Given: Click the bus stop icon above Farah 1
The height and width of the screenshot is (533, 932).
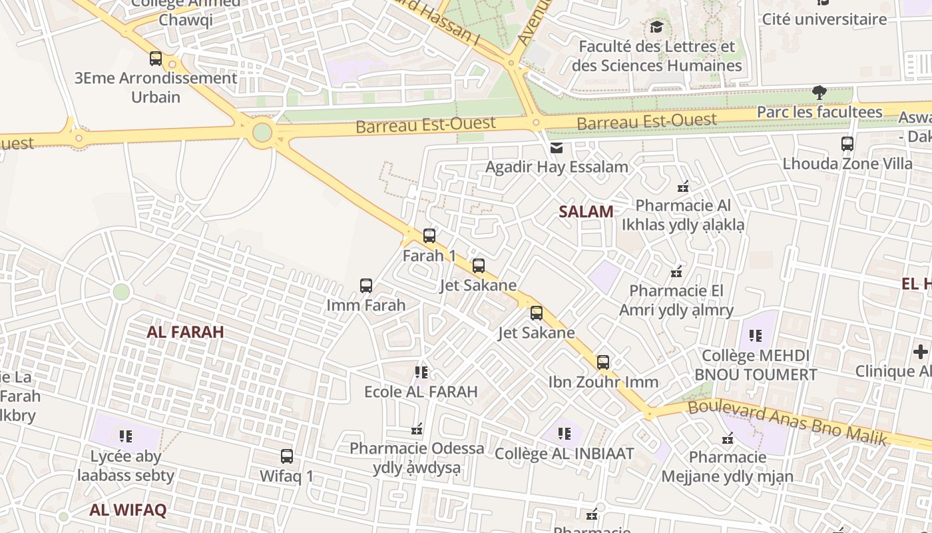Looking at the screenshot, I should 429,236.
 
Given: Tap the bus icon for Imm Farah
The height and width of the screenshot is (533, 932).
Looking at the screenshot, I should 366,286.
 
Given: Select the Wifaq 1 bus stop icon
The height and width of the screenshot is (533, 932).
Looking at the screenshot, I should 287,456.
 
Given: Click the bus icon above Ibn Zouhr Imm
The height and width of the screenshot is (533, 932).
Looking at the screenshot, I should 603,362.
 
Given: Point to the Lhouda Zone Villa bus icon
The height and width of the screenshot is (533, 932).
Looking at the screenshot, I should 847,144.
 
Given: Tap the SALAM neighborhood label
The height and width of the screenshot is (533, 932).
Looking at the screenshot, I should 586,212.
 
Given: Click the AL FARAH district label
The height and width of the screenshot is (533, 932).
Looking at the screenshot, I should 185,332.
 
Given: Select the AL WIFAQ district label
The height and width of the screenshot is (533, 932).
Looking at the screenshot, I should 128,510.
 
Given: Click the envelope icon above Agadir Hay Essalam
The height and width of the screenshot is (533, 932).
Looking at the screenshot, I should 557,147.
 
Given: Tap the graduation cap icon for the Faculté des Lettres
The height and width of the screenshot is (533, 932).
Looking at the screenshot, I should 656,27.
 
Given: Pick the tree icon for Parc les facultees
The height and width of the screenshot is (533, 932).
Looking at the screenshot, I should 819,93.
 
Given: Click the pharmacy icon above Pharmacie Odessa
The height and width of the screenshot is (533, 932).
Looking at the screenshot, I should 417,428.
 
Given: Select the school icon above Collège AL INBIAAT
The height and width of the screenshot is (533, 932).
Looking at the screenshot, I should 565,434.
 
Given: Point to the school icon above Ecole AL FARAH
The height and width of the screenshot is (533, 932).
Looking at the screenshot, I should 421,372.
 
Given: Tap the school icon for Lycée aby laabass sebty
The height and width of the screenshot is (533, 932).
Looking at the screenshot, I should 126,436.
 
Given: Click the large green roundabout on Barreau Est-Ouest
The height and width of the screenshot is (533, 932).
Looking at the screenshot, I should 262,133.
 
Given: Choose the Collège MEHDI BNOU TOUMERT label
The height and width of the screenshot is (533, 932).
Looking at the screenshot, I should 756,365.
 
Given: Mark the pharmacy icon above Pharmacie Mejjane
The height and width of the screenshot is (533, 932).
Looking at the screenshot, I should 728,438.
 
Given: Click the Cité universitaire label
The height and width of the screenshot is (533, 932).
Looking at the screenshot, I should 824,19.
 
